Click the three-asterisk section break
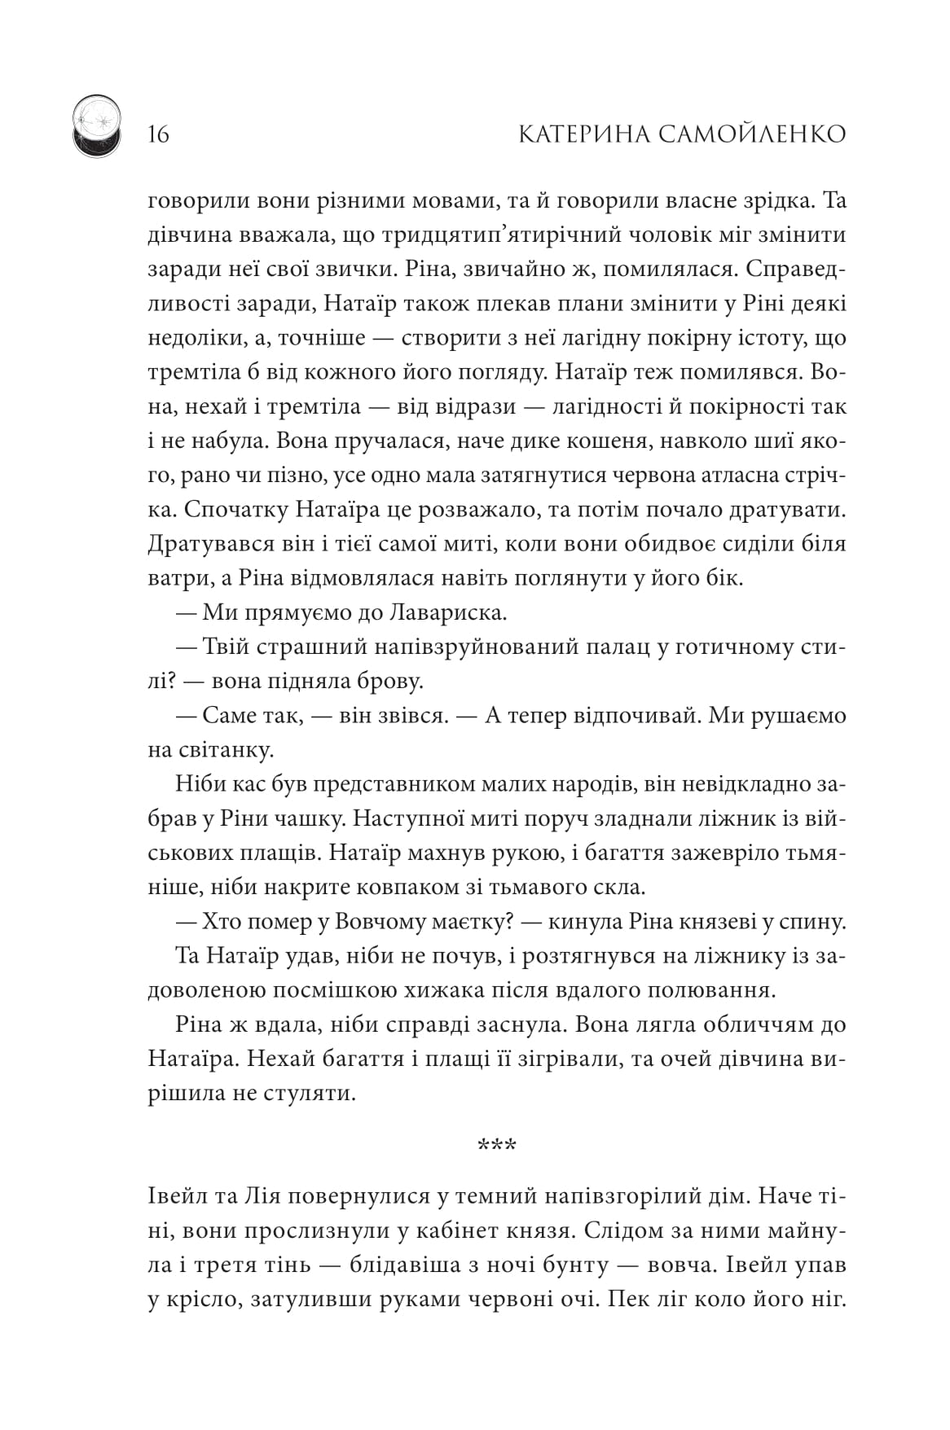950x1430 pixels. coord(496,1147)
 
